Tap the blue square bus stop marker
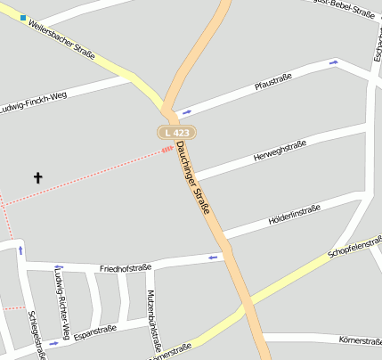(23, 17)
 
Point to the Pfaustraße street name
(273, 85)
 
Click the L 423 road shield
(177, 132)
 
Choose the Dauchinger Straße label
(193, 177)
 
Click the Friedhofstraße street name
(126, 267)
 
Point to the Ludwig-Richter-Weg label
(59, 293)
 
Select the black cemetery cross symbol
(38, 177)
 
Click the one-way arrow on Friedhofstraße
(213, 258)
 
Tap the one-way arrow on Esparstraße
(54, 343)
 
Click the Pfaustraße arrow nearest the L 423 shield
(186, 112)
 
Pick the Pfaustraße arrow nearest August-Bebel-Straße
(334, 62)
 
